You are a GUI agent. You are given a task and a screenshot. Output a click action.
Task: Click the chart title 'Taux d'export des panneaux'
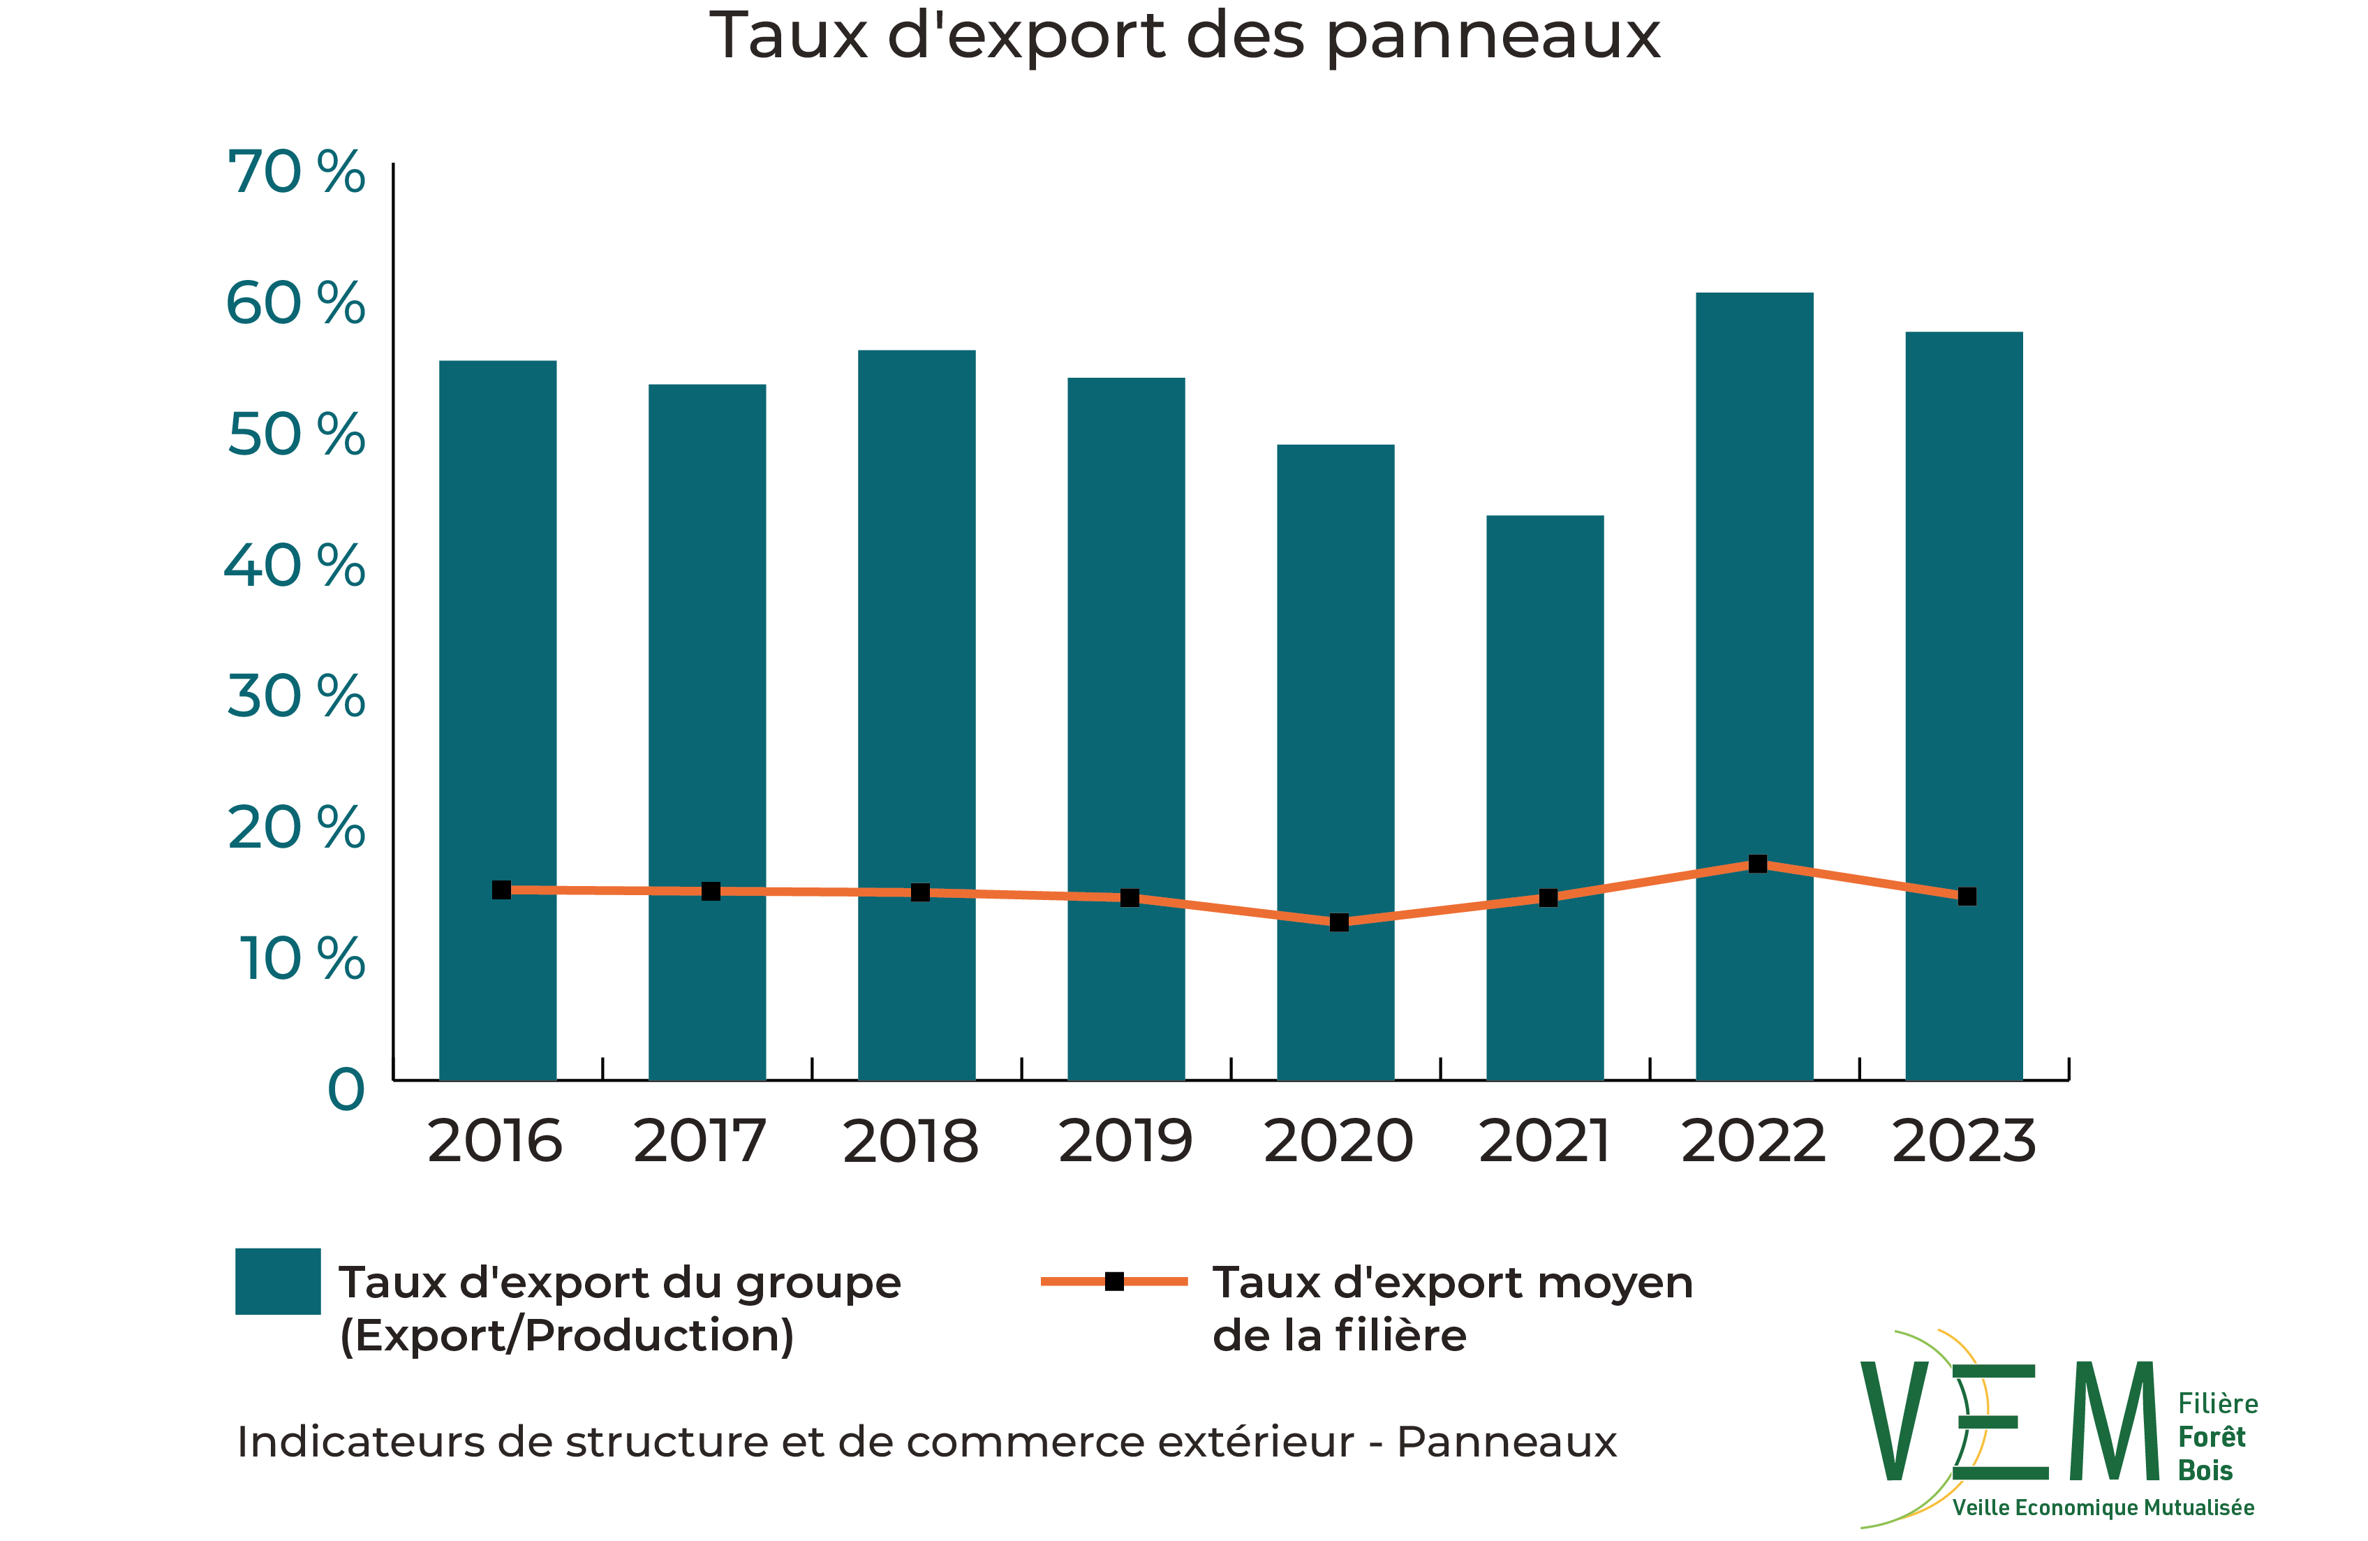coord(1184,37)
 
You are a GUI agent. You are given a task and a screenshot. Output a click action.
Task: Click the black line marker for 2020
coord(1339,922)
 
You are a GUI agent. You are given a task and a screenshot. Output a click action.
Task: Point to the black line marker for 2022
coord(1758,864)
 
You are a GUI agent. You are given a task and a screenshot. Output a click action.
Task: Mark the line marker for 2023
coord(1967,897)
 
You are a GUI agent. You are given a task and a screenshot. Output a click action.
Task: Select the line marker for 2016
coord(501,890)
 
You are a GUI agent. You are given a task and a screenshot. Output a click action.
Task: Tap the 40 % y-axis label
coord(295,566)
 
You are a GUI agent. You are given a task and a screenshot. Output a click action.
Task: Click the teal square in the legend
coord(278,1281)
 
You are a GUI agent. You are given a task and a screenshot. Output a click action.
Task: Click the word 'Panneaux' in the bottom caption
coord(1507,1443)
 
